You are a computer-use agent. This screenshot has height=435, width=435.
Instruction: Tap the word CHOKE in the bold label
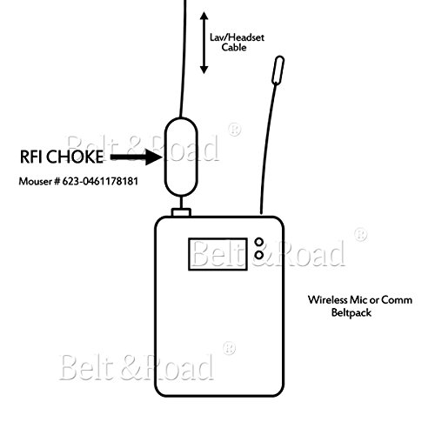click(75, 157)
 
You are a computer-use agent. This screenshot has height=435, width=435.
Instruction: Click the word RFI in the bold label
click(31, 157)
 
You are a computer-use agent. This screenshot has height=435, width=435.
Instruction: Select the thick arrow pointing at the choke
click(136, 157)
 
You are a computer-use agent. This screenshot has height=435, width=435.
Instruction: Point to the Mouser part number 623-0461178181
click(100, 181)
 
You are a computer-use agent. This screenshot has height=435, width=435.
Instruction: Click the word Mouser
click(35, 181)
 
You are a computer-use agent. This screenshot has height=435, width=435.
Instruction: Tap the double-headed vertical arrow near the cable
click(204, 43)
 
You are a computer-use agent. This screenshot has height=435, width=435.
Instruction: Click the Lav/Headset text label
click(237, 37)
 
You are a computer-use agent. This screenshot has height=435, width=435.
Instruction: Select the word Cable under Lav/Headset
click(234, 47)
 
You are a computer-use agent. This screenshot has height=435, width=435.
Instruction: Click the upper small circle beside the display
click(258, 242)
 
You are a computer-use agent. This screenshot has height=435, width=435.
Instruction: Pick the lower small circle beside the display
click(258, 255)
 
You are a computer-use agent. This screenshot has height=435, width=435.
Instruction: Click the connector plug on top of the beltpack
click(181, 212)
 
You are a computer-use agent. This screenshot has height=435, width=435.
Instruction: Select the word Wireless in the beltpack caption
click(327, 299)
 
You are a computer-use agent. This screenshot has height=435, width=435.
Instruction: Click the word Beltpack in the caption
click(351, 313)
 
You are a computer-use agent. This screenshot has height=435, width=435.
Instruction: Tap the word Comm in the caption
click(397, 300)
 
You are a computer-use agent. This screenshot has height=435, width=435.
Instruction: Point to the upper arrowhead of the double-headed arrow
click(204, 16)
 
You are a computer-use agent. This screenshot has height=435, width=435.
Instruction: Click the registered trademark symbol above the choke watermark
click(234, 130)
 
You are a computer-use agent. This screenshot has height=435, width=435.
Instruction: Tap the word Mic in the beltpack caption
click(358, 299)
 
